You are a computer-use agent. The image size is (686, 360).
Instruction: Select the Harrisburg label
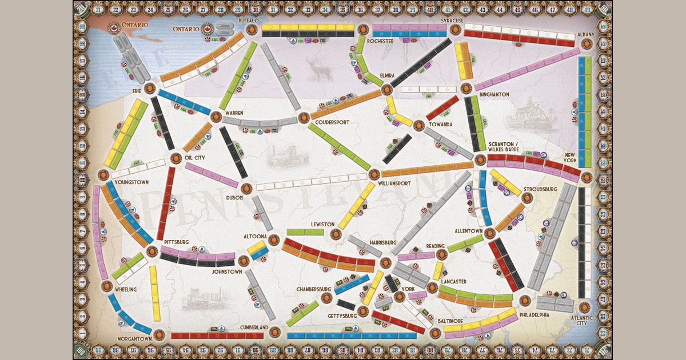coord(383,242)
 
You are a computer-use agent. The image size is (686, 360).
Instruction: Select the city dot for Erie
coord(150,89)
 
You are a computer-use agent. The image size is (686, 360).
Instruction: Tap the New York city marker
coord(585,178)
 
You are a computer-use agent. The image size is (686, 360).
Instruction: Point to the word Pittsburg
coord(176,242)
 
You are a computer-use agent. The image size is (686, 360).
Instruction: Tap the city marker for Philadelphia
coord(524,301)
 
